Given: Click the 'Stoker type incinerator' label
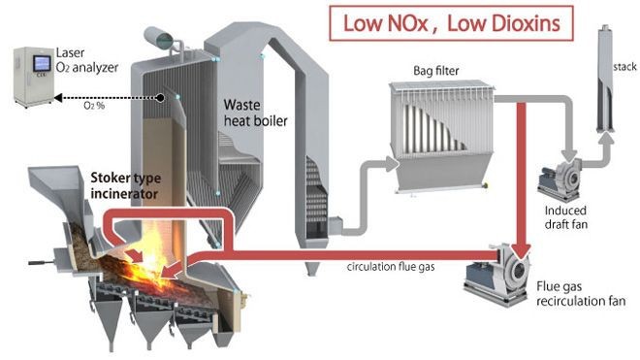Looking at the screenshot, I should (125, 186).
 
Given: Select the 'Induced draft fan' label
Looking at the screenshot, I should (569, 218).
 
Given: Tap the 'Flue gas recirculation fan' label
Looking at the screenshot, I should (576, 293).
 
